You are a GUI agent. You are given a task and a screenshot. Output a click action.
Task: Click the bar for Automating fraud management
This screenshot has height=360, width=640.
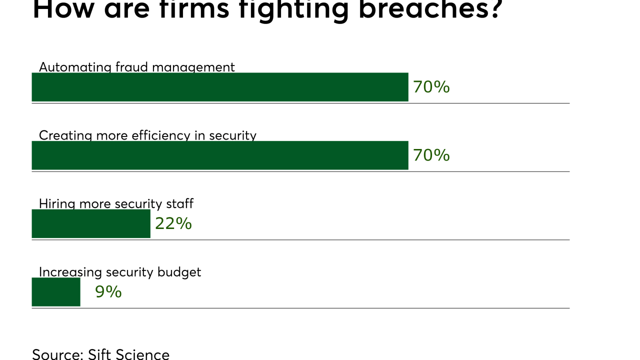tap(220, 87)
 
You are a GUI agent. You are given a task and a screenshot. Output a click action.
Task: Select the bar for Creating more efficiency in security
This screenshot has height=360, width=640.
tap(220, 155)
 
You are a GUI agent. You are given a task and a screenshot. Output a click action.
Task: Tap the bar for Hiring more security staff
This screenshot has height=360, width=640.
tap(91, 223)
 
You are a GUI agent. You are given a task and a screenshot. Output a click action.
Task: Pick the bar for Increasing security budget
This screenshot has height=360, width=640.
tap(56, 292)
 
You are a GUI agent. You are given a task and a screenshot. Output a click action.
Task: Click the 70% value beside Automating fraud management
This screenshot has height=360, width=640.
tap(431, 87)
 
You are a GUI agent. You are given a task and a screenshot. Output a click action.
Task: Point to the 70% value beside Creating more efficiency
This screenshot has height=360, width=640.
tap(431, 155)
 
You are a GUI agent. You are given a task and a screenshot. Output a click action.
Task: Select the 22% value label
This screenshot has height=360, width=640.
tap(173, 223)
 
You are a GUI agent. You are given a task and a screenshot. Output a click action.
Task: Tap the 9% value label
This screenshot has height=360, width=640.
tap(108, 292)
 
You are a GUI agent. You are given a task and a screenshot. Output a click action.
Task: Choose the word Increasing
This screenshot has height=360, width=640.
tap(70, 272)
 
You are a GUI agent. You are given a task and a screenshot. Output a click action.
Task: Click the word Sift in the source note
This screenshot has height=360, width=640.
tap(100, 354)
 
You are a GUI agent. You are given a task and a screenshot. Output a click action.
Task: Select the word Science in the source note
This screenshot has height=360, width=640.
tap(142, 354)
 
